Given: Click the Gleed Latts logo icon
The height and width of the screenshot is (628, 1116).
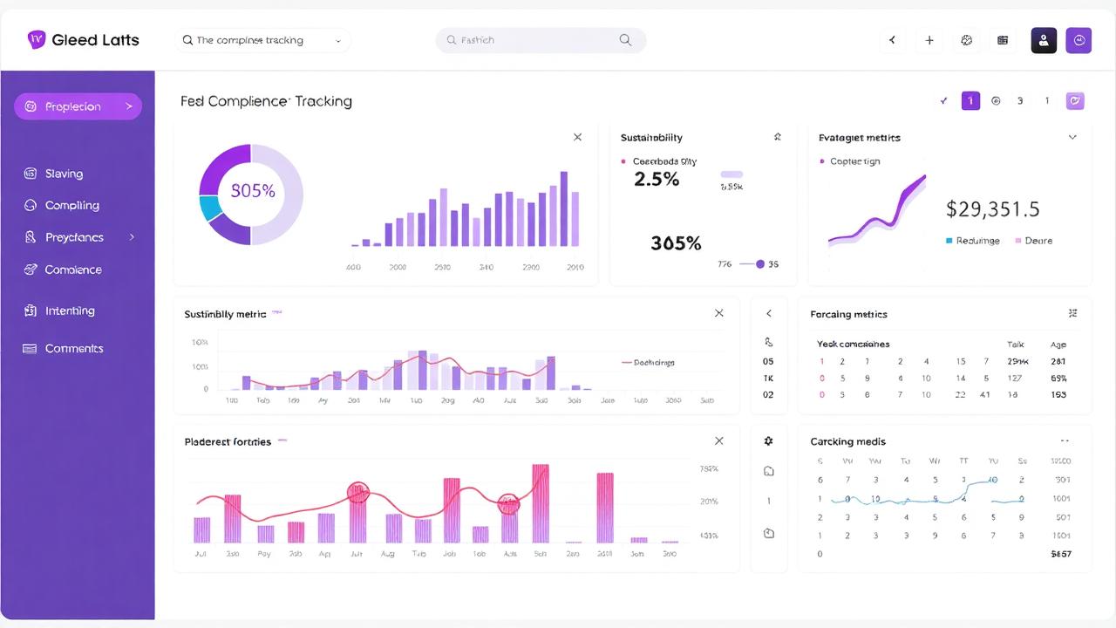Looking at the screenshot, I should click(x=37, y=39).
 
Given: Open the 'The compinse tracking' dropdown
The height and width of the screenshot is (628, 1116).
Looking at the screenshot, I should click(x=262, y=40).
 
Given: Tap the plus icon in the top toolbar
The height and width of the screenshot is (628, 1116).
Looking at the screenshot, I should click(x=929, y=40).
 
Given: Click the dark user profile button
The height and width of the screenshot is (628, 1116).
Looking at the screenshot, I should click(x=1044, y=40).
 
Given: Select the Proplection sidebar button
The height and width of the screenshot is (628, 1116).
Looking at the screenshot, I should click(x=78, y=106).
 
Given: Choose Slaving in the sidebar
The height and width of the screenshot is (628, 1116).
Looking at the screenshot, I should click(x=64, y=174).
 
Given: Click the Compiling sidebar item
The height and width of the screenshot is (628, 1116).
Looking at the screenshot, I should click(x=71, y=205).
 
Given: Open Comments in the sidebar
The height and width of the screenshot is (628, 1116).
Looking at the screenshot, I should click(x=73, y=348).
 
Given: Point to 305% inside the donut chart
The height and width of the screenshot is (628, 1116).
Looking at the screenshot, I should click(x=252, y=191).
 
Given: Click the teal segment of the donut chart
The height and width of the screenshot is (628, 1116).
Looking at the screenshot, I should click(x=209, y=208).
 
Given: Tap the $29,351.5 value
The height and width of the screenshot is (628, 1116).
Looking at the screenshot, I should click(x=992, y=209).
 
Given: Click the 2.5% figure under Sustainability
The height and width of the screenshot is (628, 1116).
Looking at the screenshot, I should click(x=656, y=180).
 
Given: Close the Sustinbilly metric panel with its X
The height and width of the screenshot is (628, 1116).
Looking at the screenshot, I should click(x=718, y=313).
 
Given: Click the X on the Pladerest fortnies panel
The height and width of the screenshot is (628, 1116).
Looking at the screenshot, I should click(x=718, y=441).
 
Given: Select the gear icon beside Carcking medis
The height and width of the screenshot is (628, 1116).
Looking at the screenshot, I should click(x=768, y=441).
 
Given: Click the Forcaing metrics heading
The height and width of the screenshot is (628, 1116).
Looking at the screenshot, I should click(x=847, y=314).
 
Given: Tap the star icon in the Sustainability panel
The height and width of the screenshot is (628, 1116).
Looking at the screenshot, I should click(x=778, y=137).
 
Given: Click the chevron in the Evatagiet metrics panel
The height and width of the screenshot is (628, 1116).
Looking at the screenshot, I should click(x=1072, y=137).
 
